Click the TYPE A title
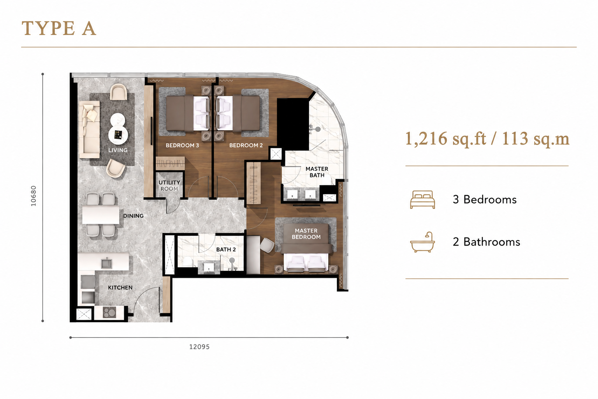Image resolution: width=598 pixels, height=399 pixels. (x=59, y=28)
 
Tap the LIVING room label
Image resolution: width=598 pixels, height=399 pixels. (x=118, y=150)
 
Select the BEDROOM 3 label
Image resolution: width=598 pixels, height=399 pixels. (x=182, y=145)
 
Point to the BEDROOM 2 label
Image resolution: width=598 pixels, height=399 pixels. (x=246, y=145)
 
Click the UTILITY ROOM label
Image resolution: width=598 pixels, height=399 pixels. (x=169, y=185)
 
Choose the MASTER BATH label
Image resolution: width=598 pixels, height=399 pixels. (x=317, y=172)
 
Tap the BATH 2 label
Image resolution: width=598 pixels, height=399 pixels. (x=226, y=249)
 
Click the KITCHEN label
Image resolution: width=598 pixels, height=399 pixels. (x=120, y=288)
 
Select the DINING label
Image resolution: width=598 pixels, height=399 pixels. (x=134, y=215)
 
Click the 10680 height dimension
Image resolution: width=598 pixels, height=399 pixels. (x=33, y=196)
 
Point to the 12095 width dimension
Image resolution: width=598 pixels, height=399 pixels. (x=199, y=347)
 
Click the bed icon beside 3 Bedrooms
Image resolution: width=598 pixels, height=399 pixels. (x=422, y=199)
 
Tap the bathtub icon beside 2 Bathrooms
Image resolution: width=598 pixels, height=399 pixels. (x=422, y=242)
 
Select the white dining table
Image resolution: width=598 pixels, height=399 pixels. (x=101, y=215)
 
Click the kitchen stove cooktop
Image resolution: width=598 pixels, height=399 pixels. (x=109, y=312)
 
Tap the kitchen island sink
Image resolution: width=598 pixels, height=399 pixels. (x=107, y=263)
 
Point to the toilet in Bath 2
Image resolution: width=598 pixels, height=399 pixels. (x=187, y=261)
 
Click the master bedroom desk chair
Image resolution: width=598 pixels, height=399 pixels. (x=267, y=245)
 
